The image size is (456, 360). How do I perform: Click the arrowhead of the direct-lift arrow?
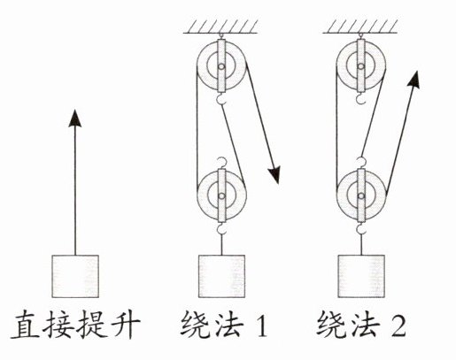(x=75, y=119)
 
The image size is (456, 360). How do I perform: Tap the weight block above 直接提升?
(x=75, y=276)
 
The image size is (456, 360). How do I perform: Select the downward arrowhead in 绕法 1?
(x=274, y=175)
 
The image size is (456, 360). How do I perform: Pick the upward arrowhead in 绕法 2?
(x=413, y=79)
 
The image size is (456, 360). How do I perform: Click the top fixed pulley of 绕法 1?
(x=221, y=66)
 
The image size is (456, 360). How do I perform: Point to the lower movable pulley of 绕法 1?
(x=221, y=195)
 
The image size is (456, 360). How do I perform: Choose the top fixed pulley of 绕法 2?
(x=360, y=66)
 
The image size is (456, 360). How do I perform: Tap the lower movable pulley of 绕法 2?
(x=360, y=195)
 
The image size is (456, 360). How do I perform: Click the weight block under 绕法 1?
(x=221, y=276)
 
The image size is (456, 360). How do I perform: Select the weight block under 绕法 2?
(x=361, y=276)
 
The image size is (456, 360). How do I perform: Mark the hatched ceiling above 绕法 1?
(x=220, y=27)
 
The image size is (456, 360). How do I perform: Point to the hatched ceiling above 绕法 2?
(x=360, y=27)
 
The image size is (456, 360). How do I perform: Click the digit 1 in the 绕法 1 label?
(x=261, y=326)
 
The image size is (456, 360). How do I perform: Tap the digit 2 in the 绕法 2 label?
(x=398, y=326)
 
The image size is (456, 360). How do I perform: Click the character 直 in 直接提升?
(x=25, y=326)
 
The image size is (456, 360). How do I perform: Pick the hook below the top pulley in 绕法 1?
(x=220, y=99)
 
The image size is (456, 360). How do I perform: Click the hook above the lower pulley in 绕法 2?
(x=361, y=163)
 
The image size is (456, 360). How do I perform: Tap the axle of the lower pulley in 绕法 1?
(x=221, y=195)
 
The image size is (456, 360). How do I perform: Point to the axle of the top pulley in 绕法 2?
(x=360, y=66)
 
